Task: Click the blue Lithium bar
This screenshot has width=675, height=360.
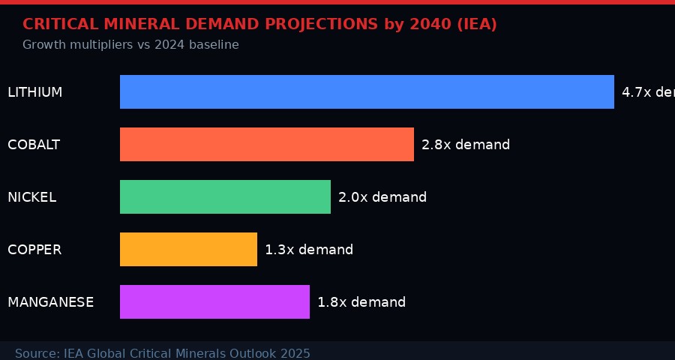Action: pyautogui.click(x=367, y=91)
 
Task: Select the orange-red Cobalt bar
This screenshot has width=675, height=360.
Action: pyautogui.click(x=267, y=144)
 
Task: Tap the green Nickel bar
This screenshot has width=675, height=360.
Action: pyautogui.click(x=225, y=196)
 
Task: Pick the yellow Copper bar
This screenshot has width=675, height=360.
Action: pyautogui.click(x=188, y=249)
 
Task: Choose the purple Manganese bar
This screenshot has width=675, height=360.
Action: pyautogui.click(x=214, y=301)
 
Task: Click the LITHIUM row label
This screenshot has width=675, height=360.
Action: pyautogui.click(x=35, y=92)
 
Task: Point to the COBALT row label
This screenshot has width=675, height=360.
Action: pyautogui.click(x=34, y=145)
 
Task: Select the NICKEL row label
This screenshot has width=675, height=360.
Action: pyautogui.click(x=32, y=197)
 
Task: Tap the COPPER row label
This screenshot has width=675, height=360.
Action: pyautogui.click(x=34, y=250)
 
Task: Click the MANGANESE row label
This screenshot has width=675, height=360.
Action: pyautogui.click(x=51, y=302)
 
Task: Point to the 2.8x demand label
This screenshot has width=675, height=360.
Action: pyautogui.click(x=466, y=145)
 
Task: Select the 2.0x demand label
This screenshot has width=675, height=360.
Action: pyautogui.click(x=382, y=197)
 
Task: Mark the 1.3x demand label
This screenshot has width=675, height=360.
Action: pyautogui.click(x=309, y=250)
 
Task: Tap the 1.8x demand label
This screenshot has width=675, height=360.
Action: pyautogui.click(x=361, y=302)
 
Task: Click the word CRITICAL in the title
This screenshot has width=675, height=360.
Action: pyautogui.click(x=58, y=24)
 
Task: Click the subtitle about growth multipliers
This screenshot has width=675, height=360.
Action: pyautogui.click(x=130, y=45)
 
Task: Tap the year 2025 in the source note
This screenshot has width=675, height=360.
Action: pyautogui.click(x=295, y=353)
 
